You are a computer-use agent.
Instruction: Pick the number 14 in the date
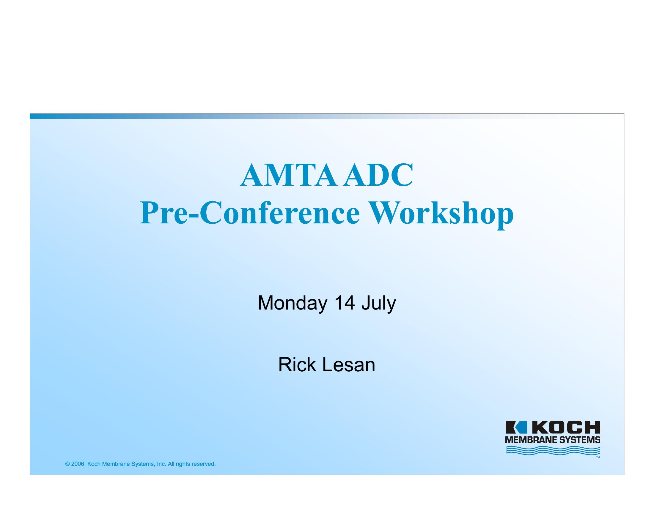tap(345, 303)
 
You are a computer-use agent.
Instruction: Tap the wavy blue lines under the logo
tap(553, 451)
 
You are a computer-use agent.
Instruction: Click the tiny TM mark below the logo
tap(598, 457)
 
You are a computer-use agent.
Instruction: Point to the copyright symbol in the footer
tap(67, 464)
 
